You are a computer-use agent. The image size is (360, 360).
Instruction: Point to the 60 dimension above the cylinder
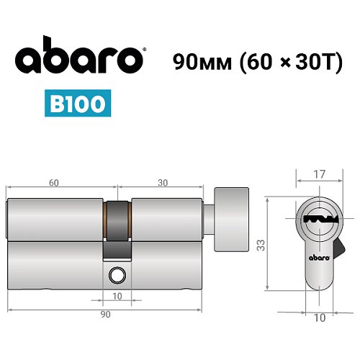(x=55, y=183)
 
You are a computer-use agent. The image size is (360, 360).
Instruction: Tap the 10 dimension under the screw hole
(x=117, y=296)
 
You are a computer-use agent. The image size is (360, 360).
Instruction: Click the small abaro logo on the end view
(x=317, y=255)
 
